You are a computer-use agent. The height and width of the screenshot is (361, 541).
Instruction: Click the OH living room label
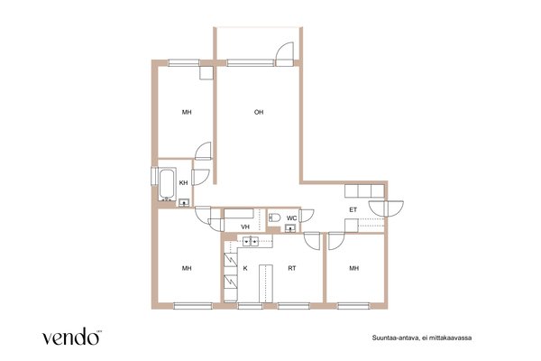coord(259,112)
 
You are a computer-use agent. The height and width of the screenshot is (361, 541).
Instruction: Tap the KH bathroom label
coord(184,182)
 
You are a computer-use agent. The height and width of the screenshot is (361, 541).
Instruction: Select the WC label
coord(291,218)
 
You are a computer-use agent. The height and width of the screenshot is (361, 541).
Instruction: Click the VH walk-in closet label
coord(245,227)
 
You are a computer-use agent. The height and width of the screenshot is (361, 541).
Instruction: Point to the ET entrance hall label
coord(353,209)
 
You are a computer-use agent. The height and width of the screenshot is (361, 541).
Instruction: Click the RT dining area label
coord(292,268)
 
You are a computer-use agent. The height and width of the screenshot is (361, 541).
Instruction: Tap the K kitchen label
coord(245,268)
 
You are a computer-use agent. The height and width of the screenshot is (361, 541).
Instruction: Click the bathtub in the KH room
coord(168,184)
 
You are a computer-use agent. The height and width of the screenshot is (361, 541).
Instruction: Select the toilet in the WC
coord(275,218)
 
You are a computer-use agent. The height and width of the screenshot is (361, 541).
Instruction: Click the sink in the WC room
coord(290,228)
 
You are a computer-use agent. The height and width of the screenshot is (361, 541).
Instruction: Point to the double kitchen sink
coord(251,242)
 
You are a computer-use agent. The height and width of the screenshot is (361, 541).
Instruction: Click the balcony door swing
coord(285,54)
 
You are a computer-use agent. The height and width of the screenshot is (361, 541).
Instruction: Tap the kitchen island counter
coord(266,283)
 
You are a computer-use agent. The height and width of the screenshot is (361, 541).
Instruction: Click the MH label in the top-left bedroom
coord(187,112)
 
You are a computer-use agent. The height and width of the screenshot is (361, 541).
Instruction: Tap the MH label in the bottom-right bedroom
coord(354,268)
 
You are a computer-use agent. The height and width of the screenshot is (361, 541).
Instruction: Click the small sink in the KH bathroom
coord(184,203)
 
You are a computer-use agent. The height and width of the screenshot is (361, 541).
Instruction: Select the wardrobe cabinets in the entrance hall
coord(364,191)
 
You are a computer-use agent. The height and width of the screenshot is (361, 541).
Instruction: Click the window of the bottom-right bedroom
coord(353,306)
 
